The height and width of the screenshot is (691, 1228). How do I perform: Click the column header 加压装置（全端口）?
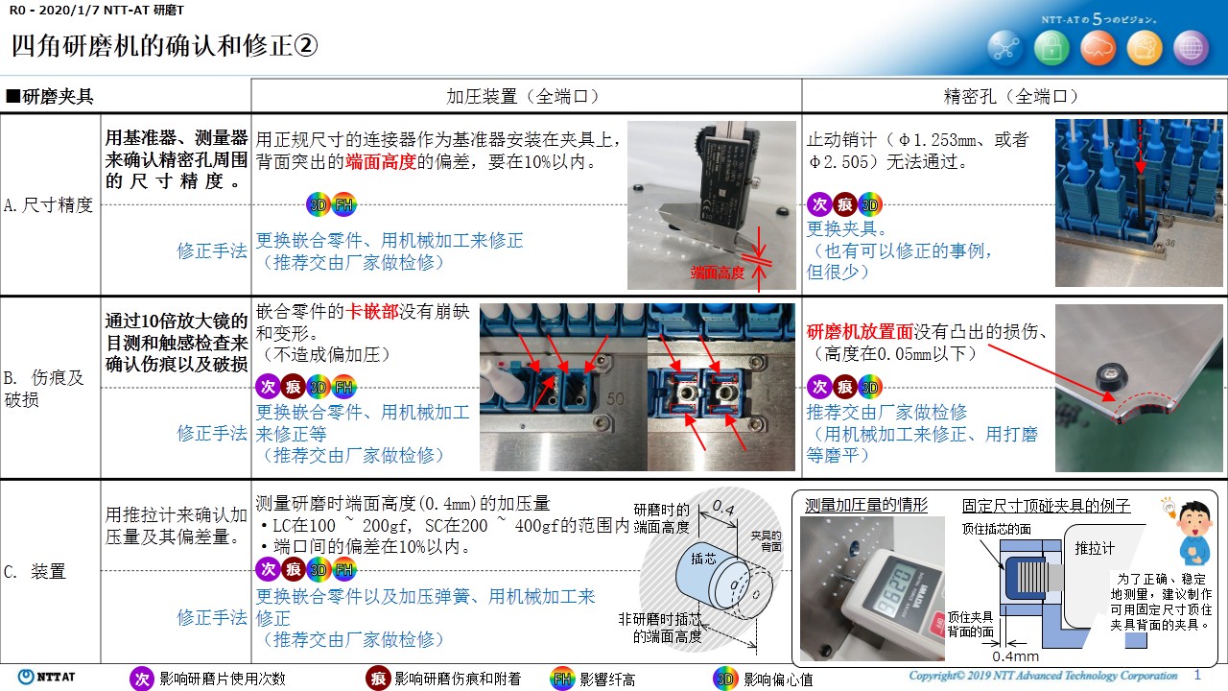pos(523,97)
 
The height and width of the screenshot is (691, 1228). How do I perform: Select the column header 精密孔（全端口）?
pos(1010,97)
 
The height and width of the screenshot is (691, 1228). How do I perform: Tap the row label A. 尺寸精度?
pos(48,205)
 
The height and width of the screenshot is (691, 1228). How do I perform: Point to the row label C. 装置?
pos(35,571)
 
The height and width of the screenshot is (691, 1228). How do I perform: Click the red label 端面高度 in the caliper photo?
pos(717,273)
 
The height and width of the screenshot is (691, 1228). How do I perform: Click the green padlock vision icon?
pos(1051,48)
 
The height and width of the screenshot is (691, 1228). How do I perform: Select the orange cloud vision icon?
pos(1098,48)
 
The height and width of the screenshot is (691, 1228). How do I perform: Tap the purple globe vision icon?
pos(1191,48)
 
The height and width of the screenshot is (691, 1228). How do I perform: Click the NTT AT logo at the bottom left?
pos(46,677)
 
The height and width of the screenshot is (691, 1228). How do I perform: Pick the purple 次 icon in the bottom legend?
pos(141,679)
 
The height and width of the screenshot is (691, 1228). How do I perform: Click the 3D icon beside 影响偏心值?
pos(724,679)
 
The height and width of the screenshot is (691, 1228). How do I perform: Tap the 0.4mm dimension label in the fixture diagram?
pos(1015,655)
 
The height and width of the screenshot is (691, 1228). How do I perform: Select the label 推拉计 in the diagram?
pos(1095,548)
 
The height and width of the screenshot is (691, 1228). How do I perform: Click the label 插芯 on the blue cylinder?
pos(703,559)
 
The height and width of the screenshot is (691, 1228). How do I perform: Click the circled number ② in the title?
pos(306,45)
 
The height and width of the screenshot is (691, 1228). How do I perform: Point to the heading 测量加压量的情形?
pos(865,505)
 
